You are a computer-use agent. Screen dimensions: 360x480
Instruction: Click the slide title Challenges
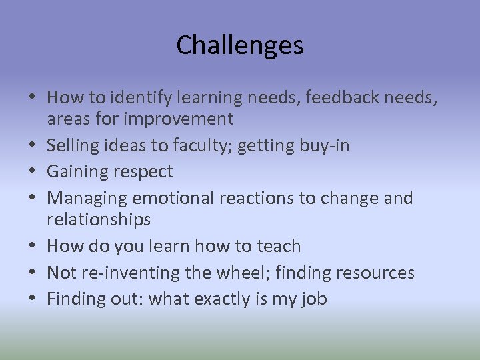[x=240, y=45]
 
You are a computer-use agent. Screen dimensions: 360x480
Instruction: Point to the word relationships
[x=99, y=219]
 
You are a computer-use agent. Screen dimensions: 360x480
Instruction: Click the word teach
[x=277, y=246]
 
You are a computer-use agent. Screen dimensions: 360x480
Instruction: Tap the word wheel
[x=243, y=273]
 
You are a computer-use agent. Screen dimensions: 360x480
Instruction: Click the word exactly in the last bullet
[x=224, y=299]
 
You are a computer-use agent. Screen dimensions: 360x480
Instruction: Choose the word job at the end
[x=313, y=299]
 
